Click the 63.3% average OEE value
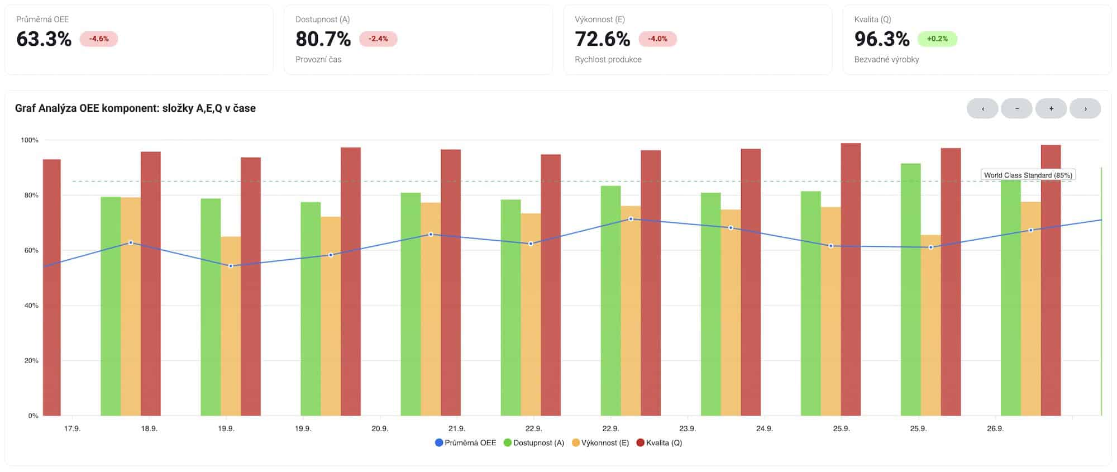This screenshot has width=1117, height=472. (44, 39)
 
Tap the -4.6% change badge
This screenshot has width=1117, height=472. (99, 39)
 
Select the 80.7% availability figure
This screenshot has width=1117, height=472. (323, 39)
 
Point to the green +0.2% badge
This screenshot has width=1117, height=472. (937, 39)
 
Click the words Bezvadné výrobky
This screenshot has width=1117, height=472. (886, 60)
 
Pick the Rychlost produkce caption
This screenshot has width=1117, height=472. (608, 60)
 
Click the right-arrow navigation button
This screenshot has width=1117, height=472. (1085, 109)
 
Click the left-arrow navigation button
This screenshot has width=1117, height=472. (982, 109)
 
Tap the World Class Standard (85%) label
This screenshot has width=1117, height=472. (1028, 175)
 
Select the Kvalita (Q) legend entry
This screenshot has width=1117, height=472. (660, 443)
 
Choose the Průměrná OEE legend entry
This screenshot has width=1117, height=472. (466, 443)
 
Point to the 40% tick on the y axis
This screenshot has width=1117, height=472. (31, 306)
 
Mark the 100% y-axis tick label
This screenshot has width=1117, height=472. (30, 140)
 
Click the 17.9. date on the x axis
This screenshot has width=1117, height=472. (72, 429)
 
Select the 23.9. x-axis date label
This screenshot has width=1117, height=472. (688, 429)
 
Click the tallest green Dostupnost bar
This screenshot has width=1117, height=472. (910, 290)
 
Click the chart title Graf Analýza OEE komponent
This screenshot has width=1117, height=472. (135, 108)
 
